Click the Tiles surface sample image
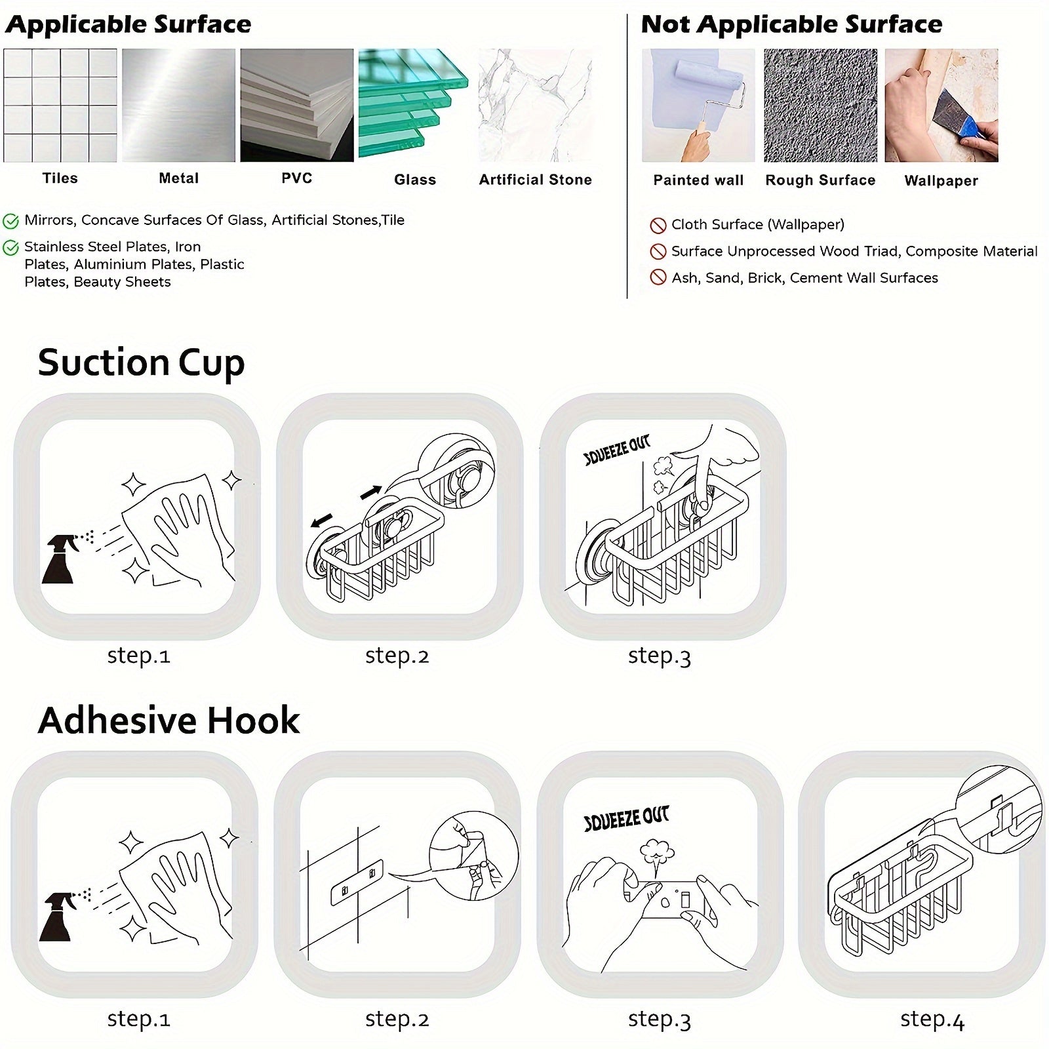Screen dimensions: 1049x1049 60,105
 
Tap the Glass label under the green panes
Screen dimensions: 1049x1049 415,180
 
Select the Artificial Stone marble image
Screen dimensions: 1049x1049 535,105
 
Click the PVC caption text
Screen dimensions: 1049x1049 297,178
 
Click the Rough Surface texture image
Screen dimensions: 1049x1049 820,105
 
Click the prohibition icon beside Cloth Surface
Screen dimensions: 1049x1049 658,226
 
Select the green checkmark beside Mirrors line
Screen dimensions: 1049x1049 11,221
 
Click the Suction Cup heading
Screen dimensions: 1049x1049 141,363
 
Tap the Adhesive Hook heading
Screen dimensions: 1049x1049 168,720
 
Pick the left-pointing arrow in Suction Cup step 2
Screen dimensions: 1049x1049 321,521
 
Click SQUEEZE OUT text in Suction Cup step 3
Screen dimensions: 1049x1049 617,450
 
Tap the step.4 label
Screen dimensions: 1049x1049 932,1019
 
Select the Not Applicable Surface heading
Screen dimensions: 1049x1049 791,24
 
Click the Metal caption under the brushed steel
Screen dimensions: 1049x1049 178,178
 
